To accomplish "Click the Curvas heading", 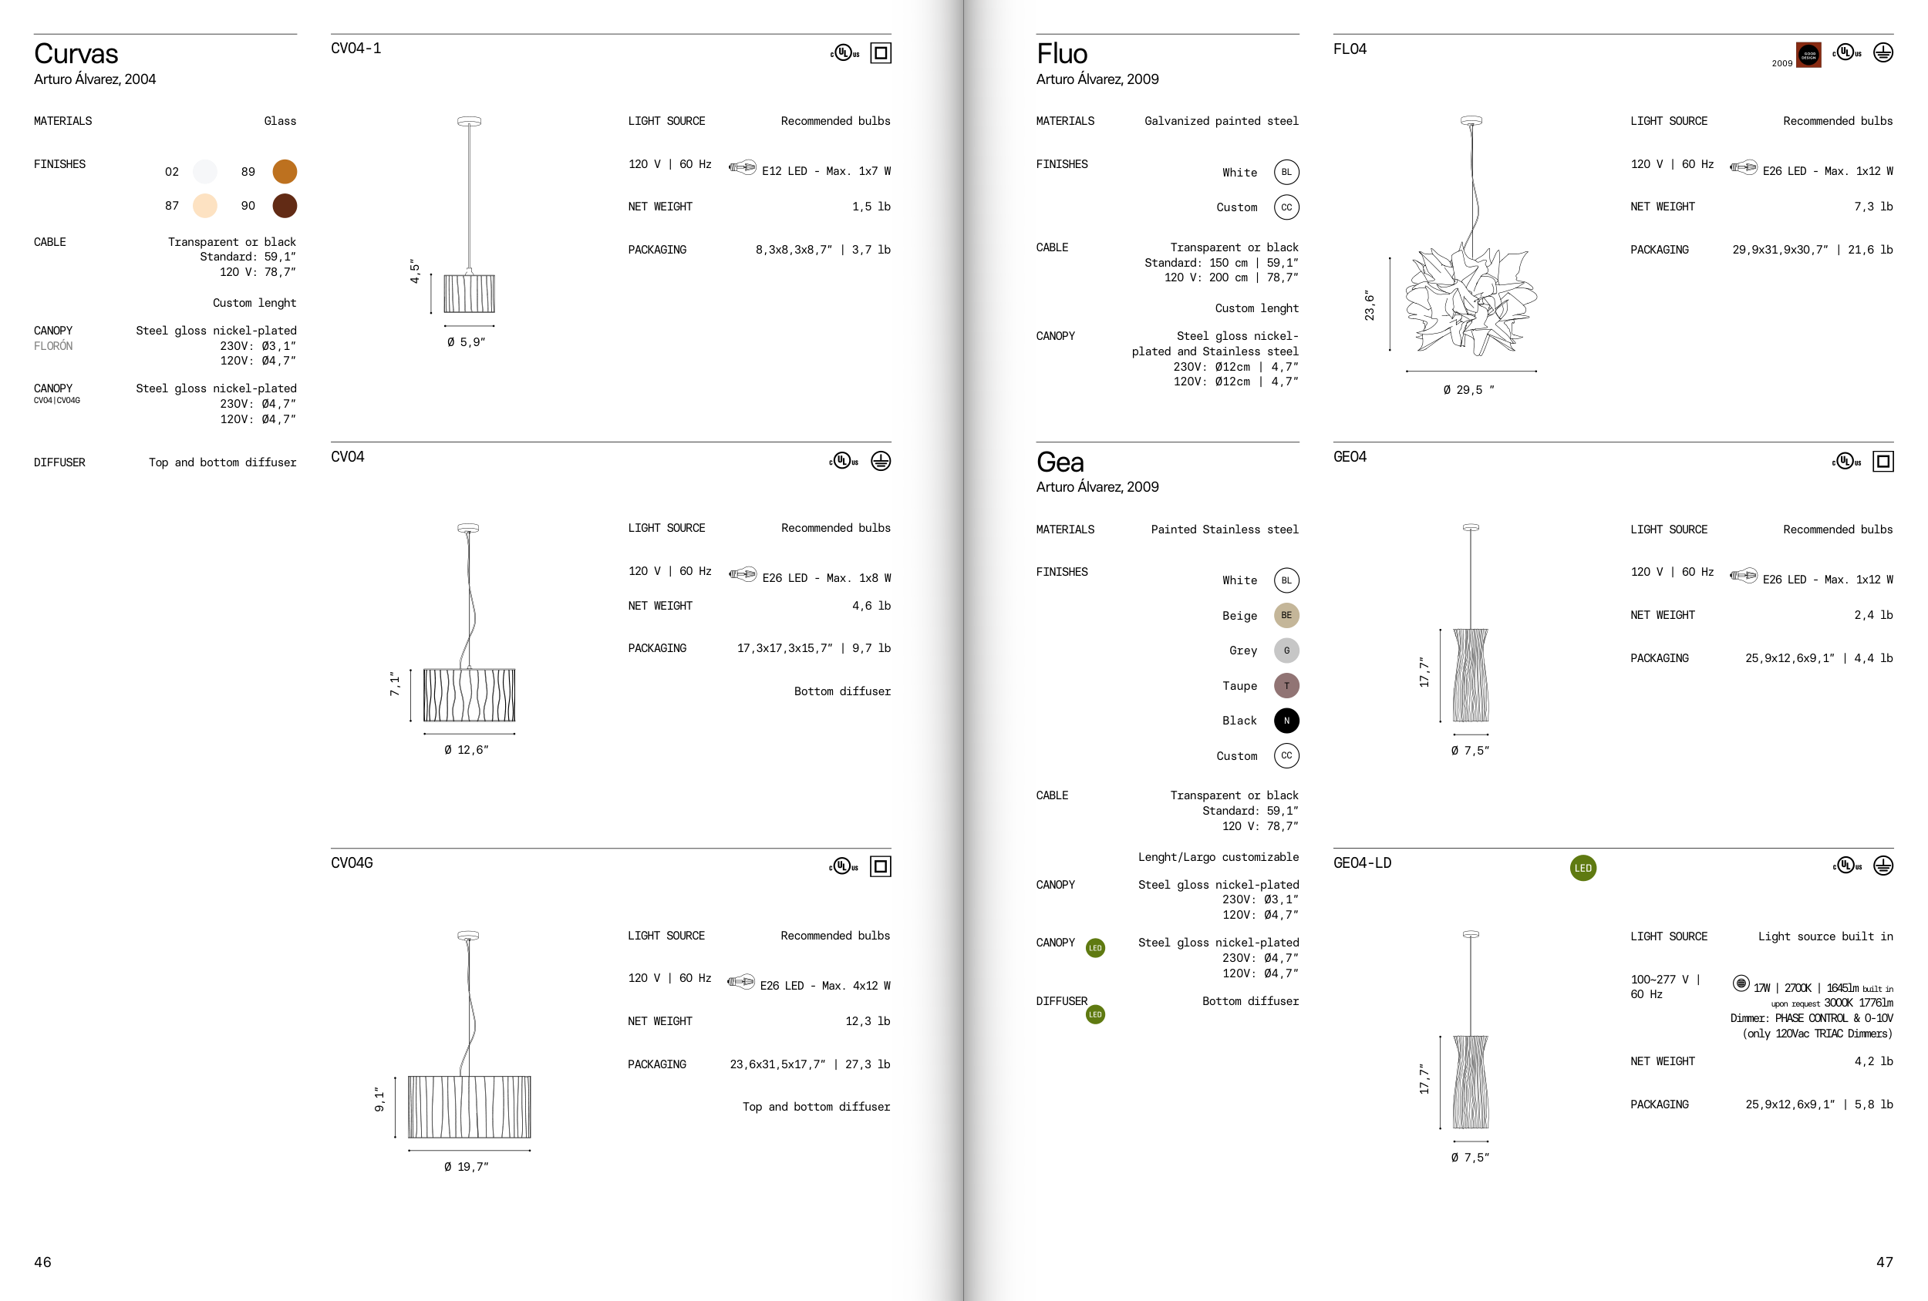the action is click(x=76, y=54).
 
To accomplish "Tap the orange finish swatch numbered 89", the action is click(x=285, y=172).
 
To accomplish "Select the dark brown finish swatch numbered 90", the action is click(x=285, y=206).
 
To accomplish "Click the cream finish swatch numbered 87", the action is click(x=205, y=206).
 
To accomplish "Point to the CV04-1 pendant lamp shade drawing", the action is click(x=470, y=293).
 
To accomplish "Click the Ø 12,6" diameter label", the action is click(x=467, y=750).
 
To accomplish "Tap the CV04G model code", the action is click(x=352, y=863).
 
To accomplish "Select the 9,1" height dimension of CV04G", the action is click(x=379, y=1100).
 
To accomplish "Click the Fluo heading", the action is click(x=1062, y=54).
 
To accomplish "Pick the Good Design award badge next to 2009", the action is click(x=1808, y=55).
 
